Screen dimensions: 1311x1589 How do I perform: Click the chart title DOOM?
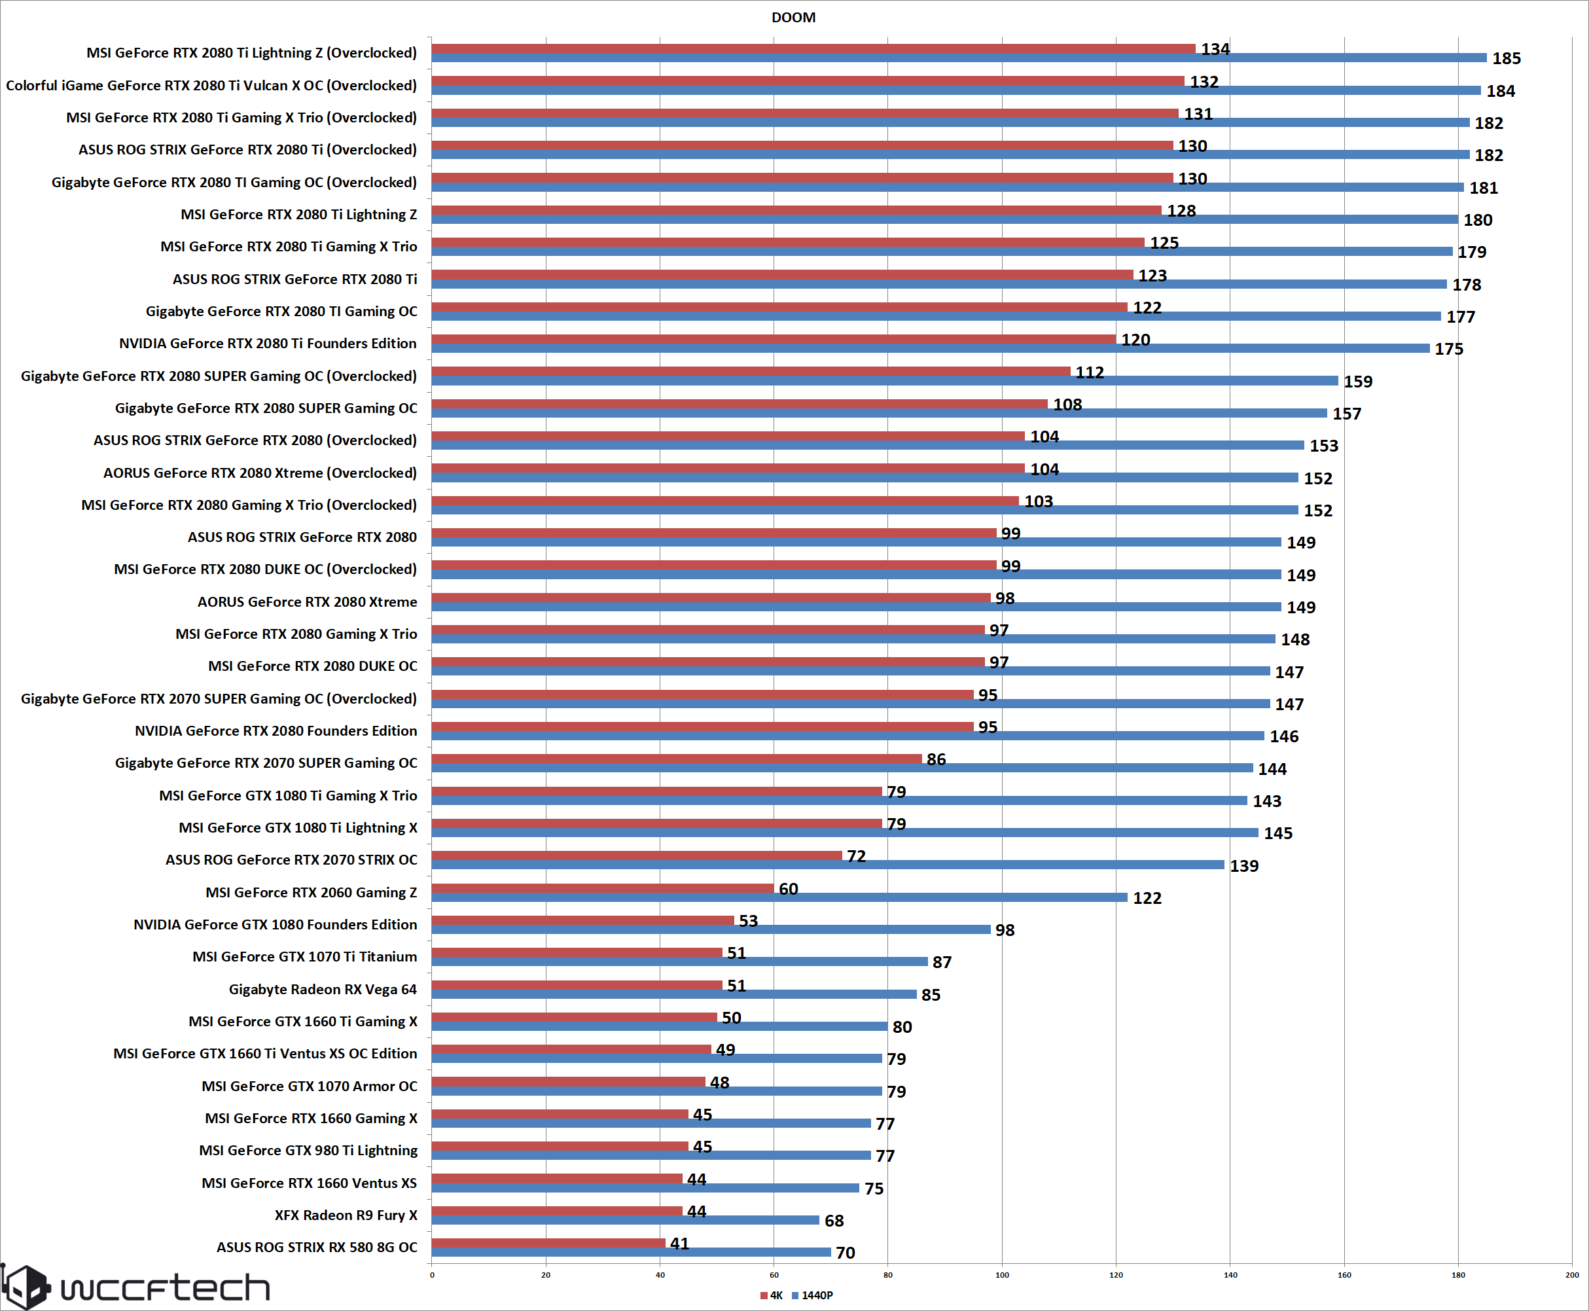pos(793,18)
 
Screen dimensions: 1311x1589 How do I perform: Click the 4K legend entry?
pos(771,1295)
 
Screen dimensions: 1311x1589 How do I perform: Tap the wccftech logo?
pos(136,1287)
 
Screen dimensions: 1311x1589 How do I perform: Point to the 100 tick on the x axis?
pos(1001,1275)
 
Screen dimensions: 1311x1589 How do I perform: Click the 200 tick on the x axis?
pos(1571,1275)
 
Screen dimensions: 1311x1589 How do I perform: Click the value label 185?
pos(1506,58)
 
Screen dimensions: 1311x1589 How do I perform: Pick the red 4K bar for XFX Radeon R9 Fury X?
pos(556,1211)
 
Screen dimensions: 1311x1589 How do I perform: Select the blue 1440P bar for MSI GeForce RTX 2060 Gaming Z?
pos(779,897)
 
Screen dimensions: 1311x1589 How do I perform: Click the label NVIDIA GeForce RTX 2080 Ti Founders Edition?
pos(268,344)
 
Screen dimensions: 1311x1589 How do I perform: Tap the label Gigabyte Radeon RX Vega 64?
pos(323,989)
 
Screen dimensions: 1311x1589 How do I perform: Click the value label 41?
pos(679,1243)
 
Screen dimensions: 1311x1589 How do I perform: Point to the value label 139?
pos(1244,865)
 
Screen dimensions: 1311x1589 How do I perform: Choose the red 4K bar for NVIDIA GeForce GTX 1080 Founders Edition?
pos(582,920)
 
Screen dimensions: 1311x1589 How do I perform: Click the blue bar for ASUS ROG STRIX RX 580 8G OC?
pos(631,1252)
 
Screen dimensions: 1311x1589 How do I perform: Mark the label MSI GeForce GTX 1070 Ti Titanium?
pos(304,957)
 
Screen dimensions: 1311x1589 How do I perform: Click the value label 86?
pos(936,759)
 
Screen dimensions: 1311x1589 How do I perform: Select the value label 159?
pos(1357,382)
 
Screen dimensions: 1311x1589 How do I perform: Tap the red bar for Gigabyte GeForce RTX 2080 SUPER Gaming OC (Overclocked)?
pos(751,371)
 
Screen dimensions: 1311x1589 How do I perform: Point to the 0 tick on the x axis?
pos(432,1275)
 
